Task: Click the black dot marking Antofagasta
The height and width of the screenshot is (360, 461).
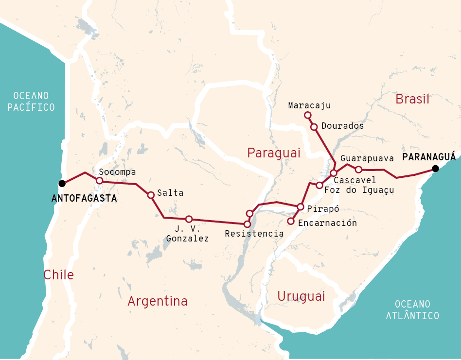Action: [x=62, y=183]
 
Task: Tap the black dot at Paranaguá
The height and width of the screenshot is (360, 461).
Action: [x=436, y=169]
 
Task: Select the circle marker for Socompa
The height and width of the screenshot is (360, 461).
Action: [x=99, y=180]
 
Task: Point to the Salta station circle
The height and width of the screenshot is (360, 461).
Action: [x=151, y=195]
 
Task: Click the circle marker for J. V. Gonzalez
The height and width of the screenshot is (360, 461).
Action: [x=189, y=219]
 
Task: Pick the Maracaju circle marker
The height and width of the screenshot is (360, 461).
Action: [x=307, y=115]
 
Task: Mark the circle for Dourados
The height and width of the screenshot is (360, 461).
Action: [x=314, y=127]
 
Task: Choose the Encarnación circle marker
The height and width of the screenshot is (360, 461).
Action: [x=291, y=222]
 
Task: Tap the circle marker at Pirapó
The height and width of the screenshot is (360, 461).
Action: [x=301, y=207]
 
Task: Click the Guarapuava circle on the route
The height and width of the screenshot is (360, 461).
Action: [x=358, y=170]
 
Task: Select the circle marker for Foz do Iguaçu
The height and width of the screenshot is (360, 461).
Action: [x=319, y=185]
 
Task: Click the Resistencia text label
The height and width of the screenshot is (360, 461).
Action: [x=254, y=234]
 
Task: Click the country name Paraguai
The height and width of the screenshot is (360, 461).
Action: [x=273, y=153]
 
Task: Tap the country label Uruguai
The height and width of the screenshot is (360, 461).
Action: [x=301, y=296]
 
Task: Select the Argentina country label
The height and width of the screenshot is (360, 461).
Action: [x=158, y=301]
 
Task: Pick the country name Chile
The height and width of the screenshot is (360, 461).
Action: [x=58, y=275]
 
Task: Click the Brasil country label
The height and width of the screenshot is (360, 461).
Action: [x=412, y=100]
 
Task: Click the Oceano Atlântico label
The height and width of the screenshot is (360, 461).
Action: [x=412, y=310]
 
